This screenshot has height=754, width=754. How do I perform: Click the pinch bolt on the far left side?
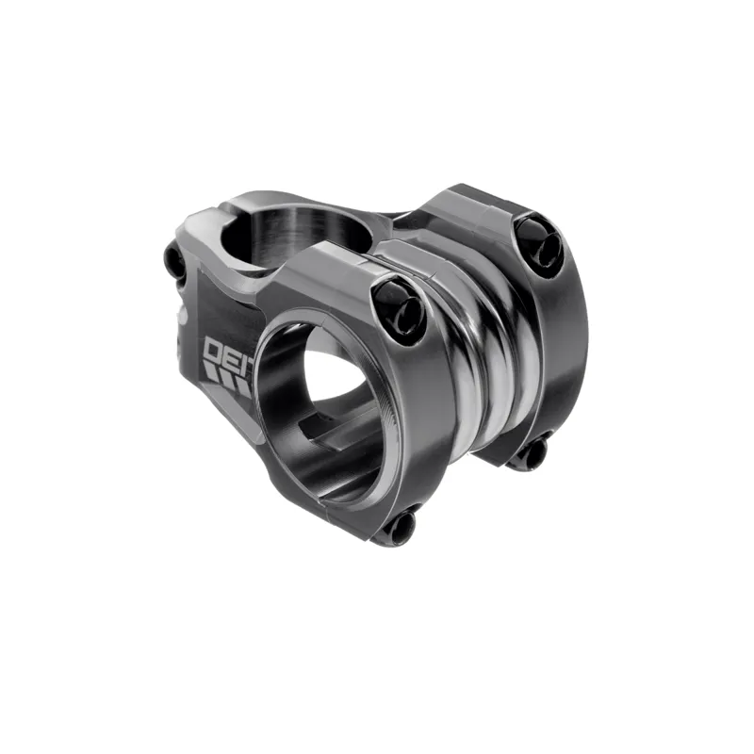pos(175,263)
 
